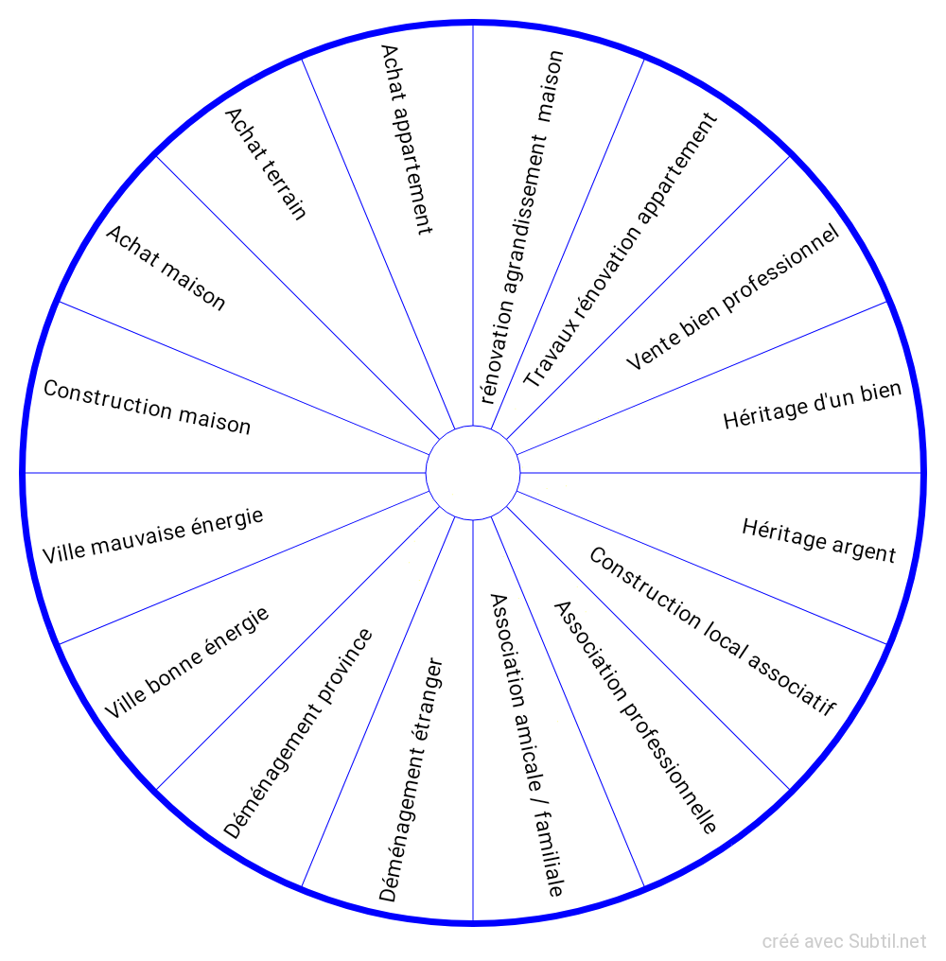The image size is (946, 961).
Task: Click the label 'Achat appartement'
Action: (406, 138)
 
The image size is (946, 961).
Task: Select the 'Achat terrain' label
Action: (266, 164)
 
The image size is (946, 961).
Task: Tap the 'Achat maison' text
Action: (166, 268)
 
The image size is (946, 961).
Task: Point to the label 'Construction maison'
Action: (148, 408)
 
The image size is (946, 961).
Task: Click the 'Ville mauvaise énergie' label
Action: (152, 535)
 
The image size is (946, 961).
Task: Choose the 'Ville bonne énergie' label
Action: (186, 662)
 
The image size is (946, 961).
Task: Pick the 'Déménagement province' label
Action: (298, 734)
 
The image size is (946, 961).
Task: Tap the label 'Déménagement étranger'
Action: (412, 779)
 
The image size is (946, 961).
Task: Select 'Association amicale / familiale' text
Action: (527, 744)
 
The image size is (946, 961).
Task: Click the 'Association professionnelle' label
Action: (634, 717)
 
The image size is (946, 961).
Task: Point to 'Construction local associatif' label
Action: (712, 631)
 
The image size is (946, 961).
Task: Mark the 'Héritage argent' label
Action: (818, 540)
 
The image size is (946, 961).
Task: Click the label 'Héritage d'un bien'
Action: (813, 405)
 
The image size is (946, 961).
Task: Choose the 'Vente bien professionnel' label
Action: (733, 297)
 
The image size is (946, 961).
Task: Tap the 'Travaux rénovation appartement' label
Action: (621, 251)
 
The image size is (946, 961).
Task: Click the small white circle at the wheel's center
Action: (473, 472)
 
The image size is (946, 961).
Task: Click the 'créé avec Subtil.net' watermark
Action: (844, 941)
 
